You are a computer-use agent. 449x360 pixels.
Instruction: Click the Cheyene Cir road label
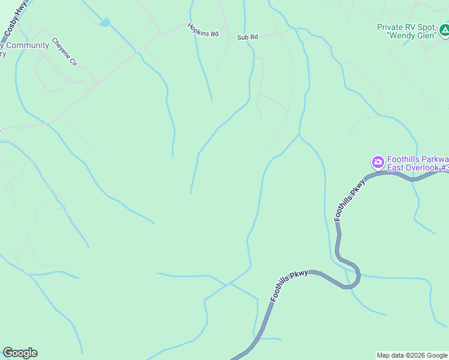point(64,52)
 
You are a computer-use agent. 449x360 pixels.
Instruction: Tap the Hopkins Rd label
point(203,30)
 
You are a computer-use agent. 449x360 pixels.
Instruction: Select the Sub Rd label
point(247,37)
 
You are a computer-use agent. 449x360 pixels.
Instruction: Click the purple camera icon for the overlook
point(378,161)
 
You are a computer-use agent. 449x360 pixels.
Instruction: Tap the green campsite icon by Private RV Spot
point(443,30)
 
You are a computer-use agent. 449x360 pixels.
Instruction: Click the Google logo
point(20,353)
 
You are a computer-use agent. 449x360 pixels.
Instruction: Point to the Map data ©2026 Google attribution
point(412,355)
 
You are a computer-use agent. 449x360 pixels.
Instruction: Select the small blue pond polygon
point(106,22)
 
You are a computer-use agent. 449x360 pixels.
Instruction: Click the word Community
point(28,46)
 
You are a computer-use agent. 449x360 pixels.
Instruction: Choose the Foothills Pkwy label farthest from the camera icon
point(289,286)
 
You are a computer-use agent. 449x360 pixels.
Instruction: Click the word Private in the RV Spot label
point(390,27)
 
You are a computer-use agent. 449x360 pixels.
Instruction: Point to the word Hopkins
point(199,29)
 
